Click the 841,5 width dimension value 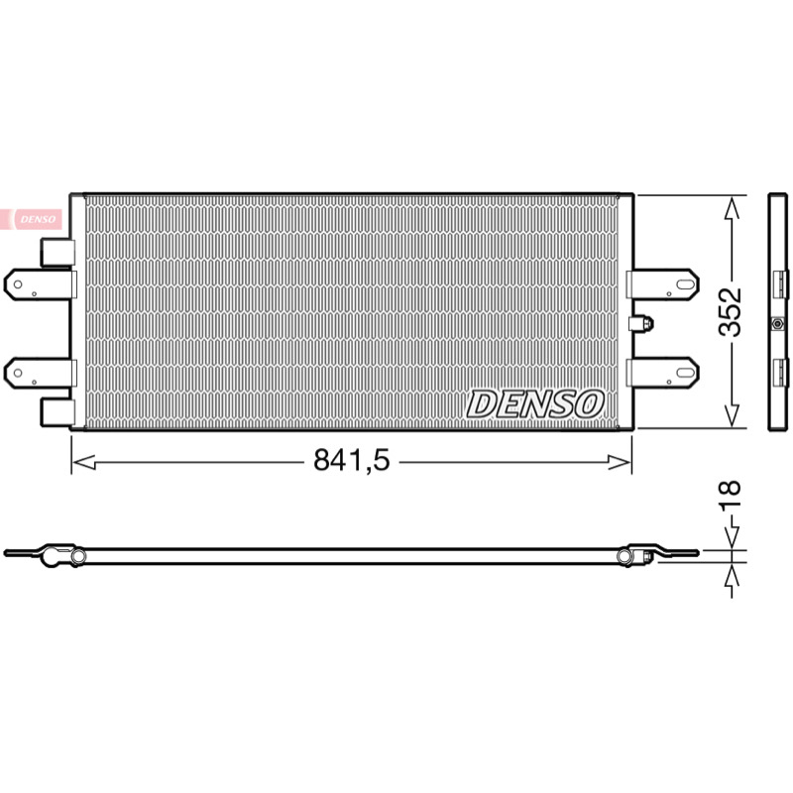coord(352,460)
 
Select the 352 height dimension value coord(731,312)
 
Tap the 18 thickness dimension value coord(730,494)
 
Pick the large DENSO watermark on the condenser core coord(535,404)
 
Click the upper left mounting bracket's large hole coord(18,284)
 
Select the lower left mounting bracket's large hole coord(18,374)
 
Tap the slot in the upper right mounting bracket coord(685,284)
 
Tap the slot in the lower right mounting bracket coord(685,373)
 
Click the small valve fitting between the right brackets coord(641,324)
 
